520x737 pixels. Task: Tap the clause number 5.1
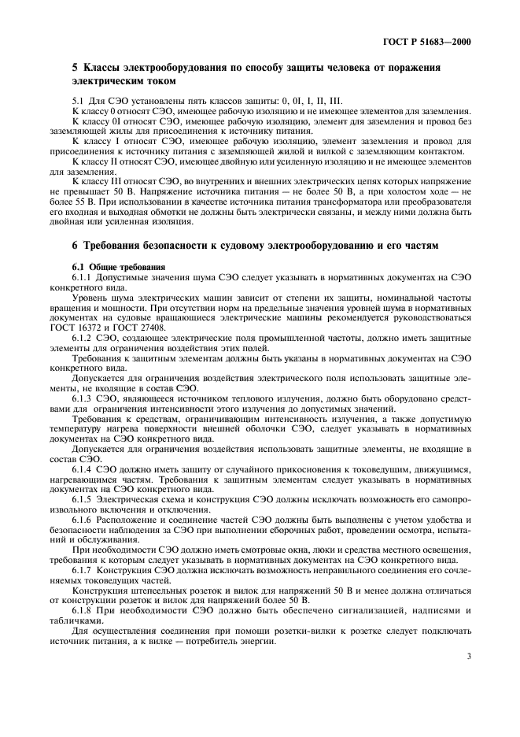pos(78,102)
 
